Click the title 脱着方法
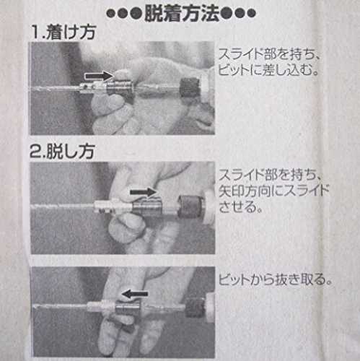182,14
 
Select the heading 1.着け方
63,32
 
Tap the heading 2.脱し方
62,152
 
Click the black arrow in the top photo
99,76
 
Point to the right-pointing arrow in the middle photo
143,192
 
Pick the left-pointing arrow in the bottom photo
135,294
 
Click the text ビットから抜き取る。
276,280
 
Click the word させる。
240,206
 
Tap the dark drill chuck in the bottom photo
196,308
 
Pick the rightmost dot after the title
251,14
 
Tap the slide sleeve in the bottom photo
128,308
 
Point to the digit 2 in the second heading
35,152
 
